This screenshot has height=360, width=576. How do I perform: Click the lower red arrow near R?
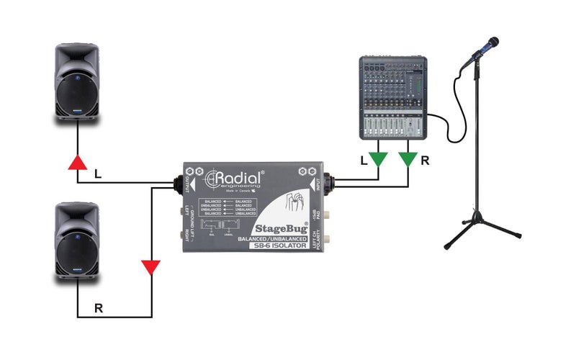[x=150, y=269]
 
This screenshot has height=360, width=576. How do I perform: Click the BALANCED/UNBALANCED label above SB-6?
[x=277, y=238]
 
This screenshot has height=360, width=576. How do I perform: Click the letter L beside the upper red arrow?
[x=98, y=174]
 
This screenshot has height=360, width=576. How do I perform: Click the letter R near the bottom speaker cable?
[x=99, y=308]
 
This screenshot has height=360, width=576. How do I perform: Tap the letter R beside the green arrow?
[x=425, y=161]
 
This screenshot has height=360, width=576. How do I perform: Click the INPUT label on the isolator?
[x=318, y=185]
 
